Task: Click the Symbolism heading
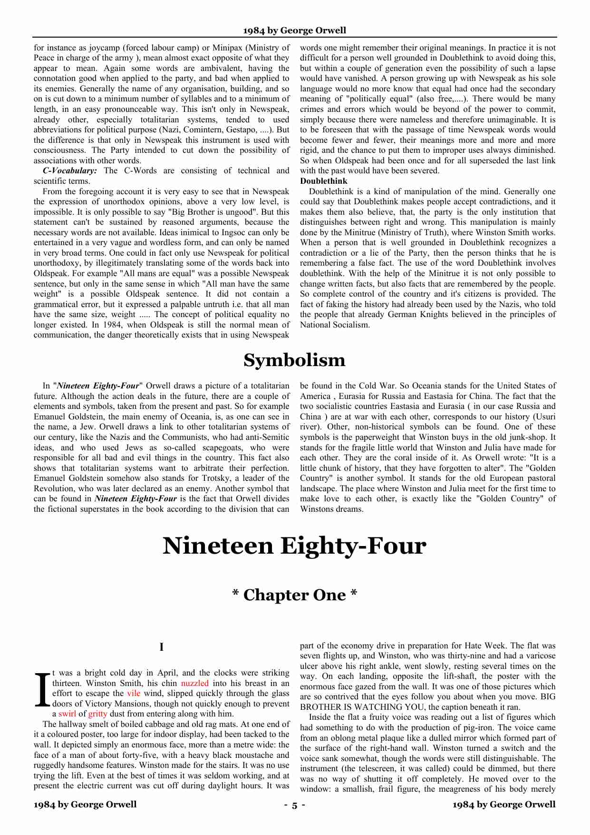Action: pos(294,360)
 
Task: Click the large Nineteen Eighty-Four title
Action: pos(294,546)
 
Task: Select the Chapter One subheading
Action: pos(294,595)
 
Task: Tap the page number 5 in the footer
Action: pos(294,805)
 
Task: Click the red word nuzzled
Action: pos(194,683)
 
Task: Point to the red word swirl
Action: pos(68,714)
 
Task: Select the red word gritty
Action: pos(97,714)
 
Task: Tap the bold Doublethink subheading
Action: pos(323,181)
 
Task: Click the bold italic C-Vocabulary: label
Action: pos(70,171)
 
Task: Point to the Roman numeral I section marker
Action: pos(162,647)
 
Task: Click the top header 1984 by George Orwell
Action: pos(294,30)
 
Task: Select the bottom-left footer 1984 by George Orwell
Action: pos(85,805)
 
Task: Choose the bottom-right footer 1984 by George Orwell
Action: pos(504,805)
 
